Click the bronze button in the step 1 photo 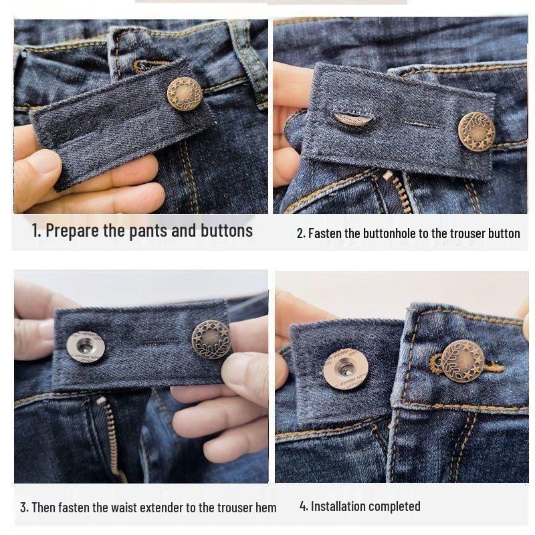[184, 94]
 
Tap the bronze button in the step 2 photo [476, 131]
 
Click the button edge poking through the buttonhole [352, 119]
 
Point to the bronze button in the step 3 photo [211, 339]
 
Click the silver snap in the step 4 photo [345, 368]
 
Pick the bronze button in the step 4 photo [462, 361]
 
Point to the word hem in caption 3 [265, 508]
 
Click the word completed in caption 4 [395, 506]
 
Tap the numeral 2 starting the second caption [300, 233]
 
